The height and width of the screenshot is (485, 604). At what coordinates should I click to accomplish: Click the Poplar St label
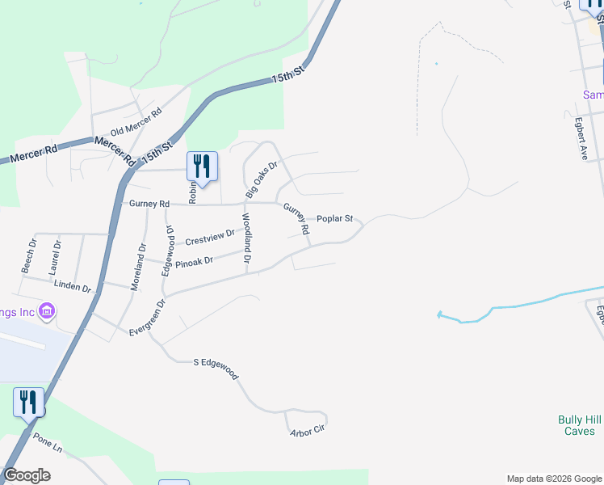coord(335,218)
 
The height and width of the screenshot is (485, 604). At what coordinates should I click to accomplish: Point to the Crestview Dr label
coord(209,238)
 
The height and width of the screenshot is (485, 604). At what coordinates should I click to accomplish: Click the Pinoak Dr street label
coord(194,261)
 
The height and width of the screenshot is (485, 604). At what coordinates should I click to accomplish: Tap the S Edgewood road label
coord(216,369)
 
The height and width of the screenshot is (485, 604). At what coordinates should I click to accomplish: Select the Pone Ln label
coord(48,444)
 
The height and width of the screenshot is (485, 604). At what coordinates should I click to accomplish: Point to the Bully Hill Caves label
coord(579,425)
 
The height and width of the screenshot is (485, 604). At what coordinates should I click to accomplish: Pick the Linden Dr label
coord(73,285)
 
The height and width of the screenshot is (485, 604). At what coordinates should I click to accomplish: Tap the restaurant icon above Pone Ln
coord(28,403)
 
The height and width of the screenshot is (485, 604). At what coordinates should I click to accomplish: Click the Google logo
coord(27,475)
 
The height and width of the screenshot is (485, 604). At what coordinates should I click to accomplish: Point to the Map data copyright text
coord(553,479)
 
